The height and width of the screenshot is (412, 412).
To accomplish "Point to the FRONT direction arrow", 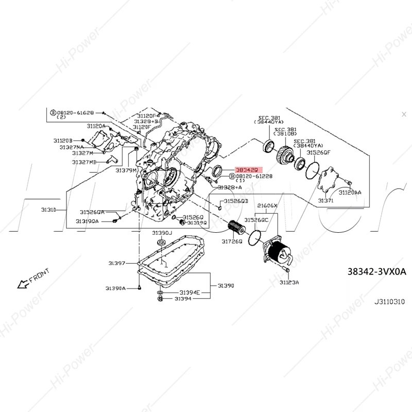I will [32, 279].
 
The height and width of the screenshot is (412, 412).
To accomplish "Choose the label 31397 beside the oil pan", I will [117, 263].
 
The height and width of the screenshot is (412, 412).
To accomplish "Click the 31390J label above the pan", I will [162, 233].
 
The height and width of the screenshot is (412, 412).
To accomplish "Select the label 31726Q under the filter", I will [232, 242].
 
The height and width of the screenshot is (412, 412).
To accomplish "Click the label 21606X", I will [267, 205].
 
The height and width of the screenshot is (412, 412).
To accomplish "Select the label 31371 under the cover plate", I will [325, 200].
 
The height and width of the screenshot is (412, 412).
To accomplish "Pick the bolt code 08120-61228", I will [254, 176].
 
